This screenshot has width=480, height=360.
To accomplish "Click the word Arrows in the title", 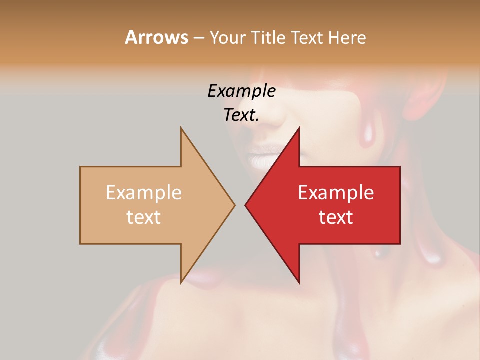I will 156,37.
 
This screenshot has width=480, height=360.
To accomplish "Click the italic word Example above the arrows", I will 241,91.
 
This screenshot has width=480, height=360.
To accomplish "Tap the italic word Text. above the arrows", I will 241,115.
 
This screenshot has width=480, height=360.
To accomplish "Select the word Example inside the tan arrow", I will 144,192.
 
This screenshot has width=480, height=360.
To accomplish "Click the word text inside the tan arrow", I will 144,217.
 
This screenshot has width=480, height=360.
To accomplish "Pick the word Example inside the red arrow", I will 336,192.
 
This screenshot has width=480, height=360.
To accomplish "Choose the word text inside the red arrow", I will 336,217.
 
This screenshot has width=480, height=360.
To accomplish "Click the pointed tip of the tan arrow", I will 234,205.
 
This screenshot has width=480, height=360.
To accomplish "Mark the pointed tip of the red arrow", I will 245,205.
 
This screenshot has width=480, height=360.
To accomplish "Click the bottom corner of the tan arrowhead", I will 181,282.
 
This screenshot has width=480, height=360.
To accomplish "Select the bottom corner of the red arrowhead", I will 299,282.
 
